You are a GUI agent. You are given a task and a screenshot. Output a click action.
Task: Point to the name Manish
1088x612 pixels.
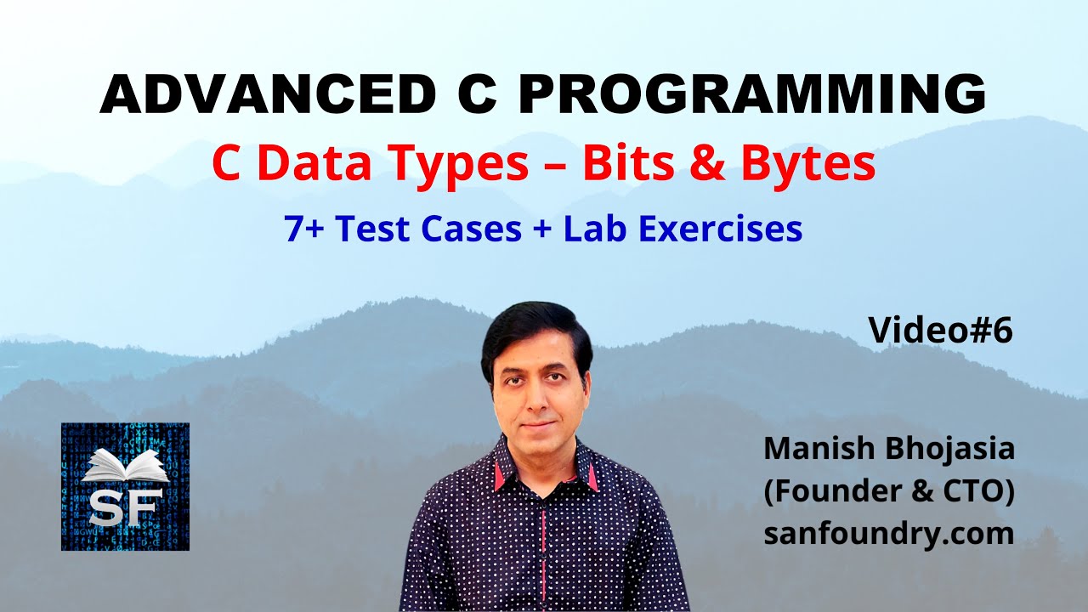click(x=817, y=448)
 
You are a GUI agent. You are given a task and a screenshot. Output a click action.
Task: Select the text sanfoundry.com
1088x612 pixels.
click(x=888, y=534)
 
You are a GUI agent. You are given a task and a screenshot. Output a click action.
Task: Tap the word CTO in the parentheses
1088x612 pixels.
click(x=977, y=491)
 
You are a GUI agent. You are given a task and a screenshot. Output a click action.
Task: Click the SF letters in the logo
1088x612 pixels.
click(x=125, y=509)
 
